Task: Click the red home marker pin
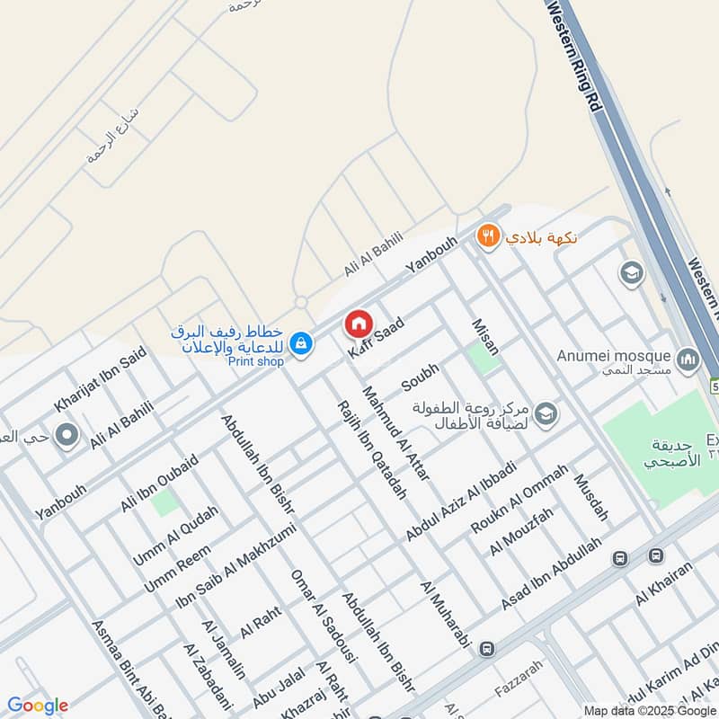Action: (358, 324)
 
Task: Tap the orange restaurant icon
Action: (487, 236)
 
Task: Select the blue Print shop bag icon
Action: (301, 342)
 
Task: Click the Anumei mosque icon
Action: (688, 360)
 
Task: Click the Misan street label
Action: (485, 336)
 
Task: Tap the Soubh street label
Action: (421, 377)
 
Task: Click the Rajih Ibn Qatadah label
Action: (370, 449)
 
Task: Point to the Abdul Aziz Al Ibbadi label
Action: (460, 501)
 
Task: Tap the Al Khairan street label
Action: (664, 583)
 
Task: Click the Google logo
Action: (38, 706)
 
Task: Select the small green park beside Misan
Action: (483, 359)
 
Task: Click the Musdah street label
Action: (592, 497)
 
